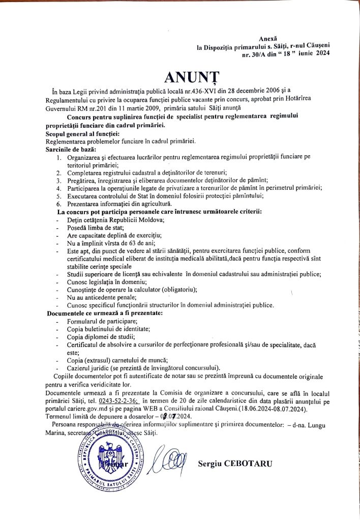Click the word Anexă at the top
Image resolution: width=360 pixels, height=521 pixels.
point(268,39)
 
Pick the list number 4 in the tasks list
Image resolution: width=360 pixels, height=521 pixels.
point(59,188)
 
